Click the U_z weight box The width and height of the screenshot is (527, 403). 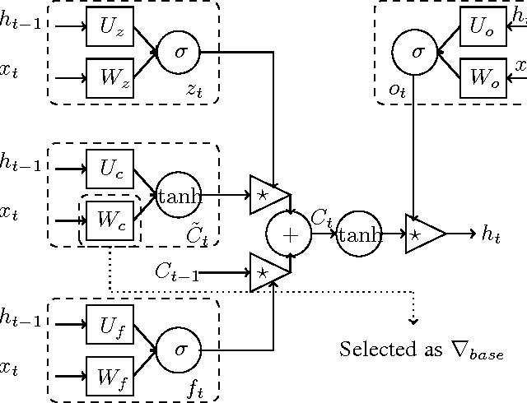110,27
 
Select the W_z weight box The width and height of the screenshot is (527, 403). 110,78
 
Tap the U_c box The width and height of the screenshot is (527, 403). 110,169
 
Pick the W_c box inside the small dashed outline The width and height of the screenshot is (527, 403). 110,220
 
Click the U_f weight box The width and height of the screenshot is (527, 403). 110,326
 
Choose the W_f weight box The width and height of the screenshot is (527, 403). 110,378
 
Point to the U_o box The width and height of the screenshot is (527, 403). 482,27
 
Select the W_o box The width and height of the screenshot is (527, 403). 482,78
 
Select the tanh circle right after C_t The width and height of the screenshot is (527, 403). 360,234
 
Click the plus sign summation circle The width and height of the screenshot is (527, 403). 289,234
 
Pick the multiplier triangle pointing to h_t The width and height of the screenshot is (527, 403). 423,234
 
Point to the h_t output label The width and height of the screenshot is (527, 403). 490,234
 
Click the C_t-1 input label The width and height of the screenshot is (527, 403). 177,272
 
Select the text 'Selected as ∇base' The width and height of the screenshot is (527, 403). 421,350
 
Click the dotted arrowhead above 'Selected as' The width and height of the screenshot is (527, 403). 414,319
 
